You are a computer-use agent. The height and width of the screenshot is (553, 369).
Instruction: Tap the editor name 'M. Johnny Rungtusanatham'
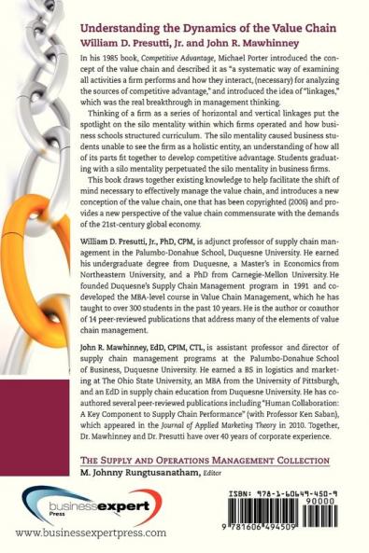pos(149,474)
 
